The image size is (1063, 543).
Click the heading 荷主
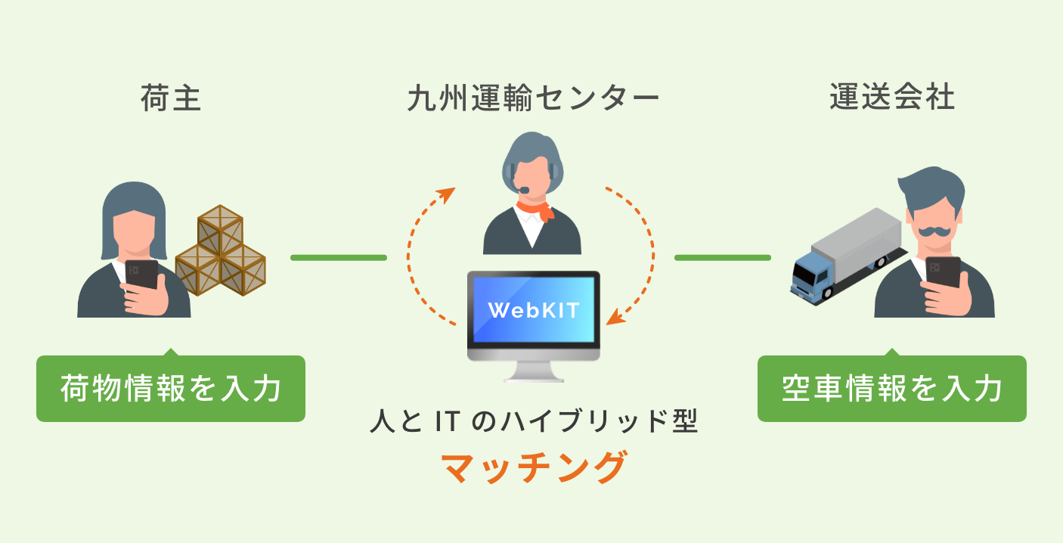pos(171,99)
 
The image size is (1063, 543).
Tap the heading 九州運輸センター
pos(532,99)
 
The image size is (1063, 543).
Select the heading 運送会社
pos(891,99)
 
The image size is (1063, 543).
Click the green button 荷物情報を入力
pos(171,389)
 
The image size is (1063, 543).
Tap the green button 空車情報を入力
pos(891,389)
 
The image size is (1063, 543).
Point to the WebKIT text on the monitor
pos(534,310)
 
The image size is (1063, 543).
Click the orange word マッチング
pos(533,468)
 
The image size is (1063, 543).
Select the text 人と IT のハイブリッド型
pos(533,422)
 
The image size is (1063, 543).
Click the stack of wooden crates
pos(221,250)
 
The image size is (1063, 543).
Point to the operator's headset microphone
pos(522,188)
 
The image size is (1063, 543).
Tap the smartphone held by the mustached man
pos(943,272)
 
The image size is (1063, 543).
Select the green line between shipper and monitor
pos(338,258)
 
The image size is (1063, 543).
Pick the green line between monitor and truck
pos(722,258)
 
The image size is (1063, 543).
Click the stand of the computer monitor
pos(533,371)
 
